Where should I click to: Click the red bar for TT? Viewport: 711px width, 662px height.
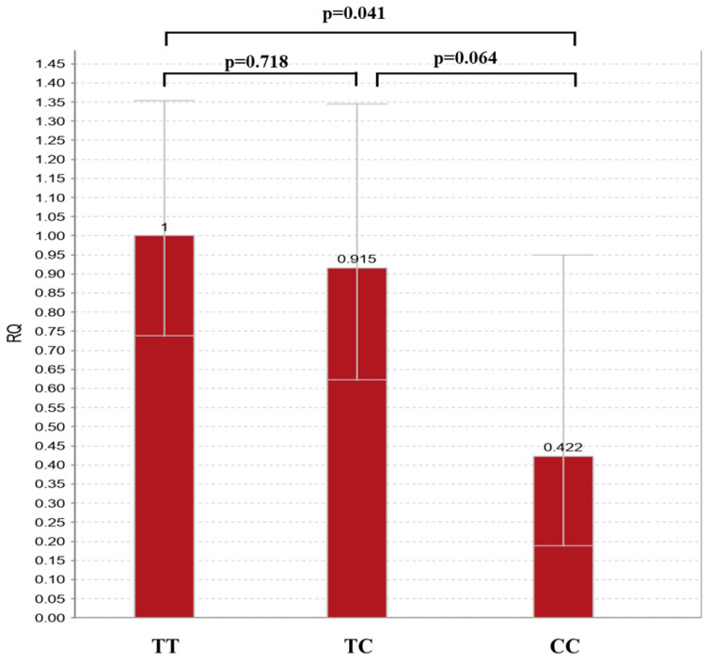click(165, 426)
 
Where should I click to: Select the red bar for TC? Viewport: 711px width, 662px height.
click(357, 443)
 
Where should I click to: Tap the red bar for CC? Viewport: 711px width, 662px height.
click(563, 537)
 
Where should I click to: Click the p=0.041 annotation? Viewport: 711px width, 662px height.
click(354, 13)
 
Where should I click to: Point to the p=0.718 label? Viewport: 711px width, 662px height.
click(256, 62)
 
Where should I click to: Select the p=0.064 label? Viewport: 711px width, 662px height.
click(466, 58)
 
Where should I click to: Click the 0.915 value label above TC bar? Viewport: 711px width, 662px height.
click(356, 259)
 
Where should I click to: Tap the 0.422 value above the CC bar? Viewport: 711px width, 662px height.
click(562, 448)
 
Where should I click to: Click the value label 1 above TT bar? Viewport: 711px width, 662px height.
click(165, 228)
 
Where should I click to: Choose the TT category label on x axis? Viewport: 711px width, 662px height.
click(166, 646)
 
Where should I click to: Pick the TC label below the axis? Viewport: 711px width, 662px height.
click(358, 646)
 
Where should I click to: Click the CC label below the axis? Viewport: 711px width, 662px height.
click(564, 646)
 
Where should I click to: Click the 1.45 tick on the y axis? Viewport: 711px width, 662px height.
click(50, 64)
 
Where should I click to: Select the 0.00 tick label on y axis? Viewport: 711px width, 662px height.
click(50, 618)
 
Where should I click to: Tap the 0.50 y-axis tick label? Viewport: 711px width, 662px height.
click(50, 427)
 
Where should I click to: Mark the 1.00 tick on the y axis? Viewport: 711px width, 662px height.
click(50, 236)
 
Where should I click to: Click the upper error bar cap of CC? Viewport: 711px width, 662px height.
click(562, 255)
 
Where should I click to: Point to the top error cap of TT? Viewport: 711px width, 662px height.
click(165, 101)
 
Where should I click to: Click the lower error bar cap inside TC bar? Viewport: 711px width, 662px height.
click(357, 380)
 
